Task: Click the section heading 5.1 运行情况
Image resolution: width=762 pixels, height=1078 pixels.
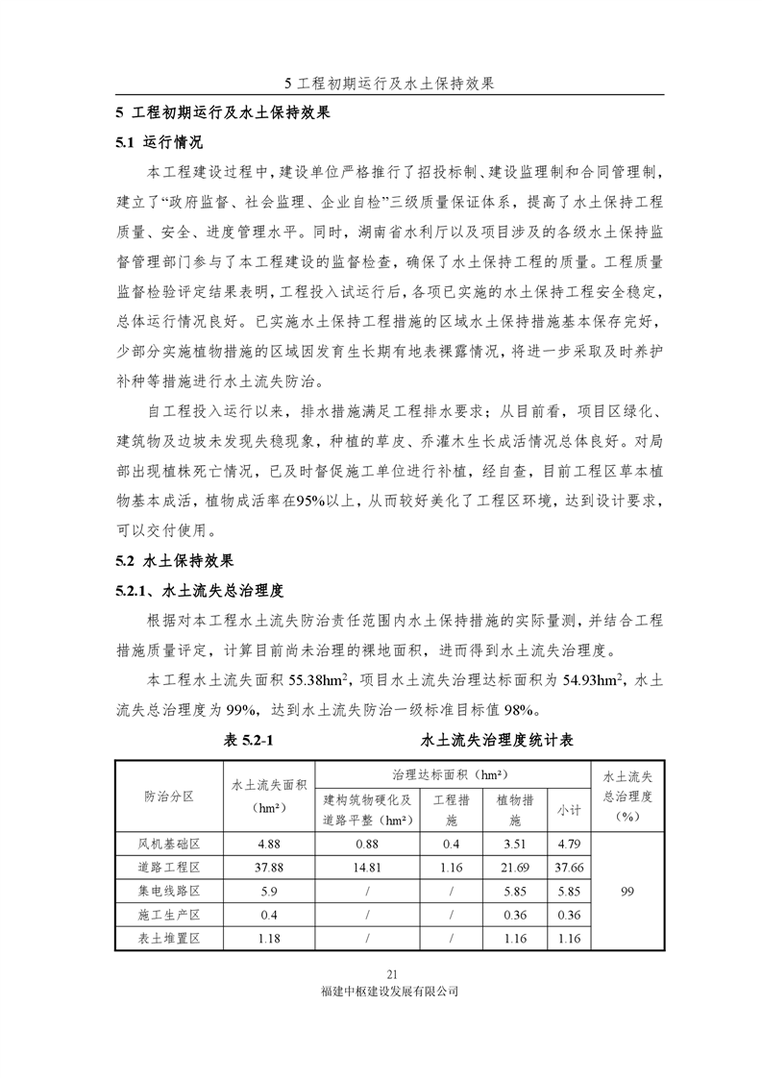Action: pyautogui.click(x=159, y=142)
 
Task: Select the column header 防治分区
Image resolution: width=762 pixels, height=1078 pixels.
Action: pyautogui.click(x=168, y=796)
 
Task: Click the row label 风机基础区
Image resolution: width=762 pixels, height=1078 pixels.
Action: pyautogui.click(x=168, y=845)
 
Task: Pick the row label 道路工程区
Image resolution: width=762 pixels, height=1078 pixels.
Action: pyautogui.click(x=168, y=868)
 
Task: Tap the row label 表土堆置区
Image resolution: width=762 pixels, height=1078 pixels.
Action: pyautogui.click(x=168, y=937)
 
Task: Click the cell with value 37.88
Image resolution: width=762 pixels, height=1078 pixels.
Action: pyautogui.click(x=261, y=868)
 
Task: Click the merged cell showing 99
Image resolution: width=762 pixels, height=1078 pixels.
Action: pyautogui.click(x=627, y=891)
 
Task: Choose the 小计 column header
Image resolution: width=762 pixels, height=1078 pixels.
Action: pyautogui.click(x=569, y=810)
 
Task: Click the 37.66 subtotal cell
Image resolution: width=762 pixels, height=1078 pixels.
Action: pyautogui.click(x=569, y=868)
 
